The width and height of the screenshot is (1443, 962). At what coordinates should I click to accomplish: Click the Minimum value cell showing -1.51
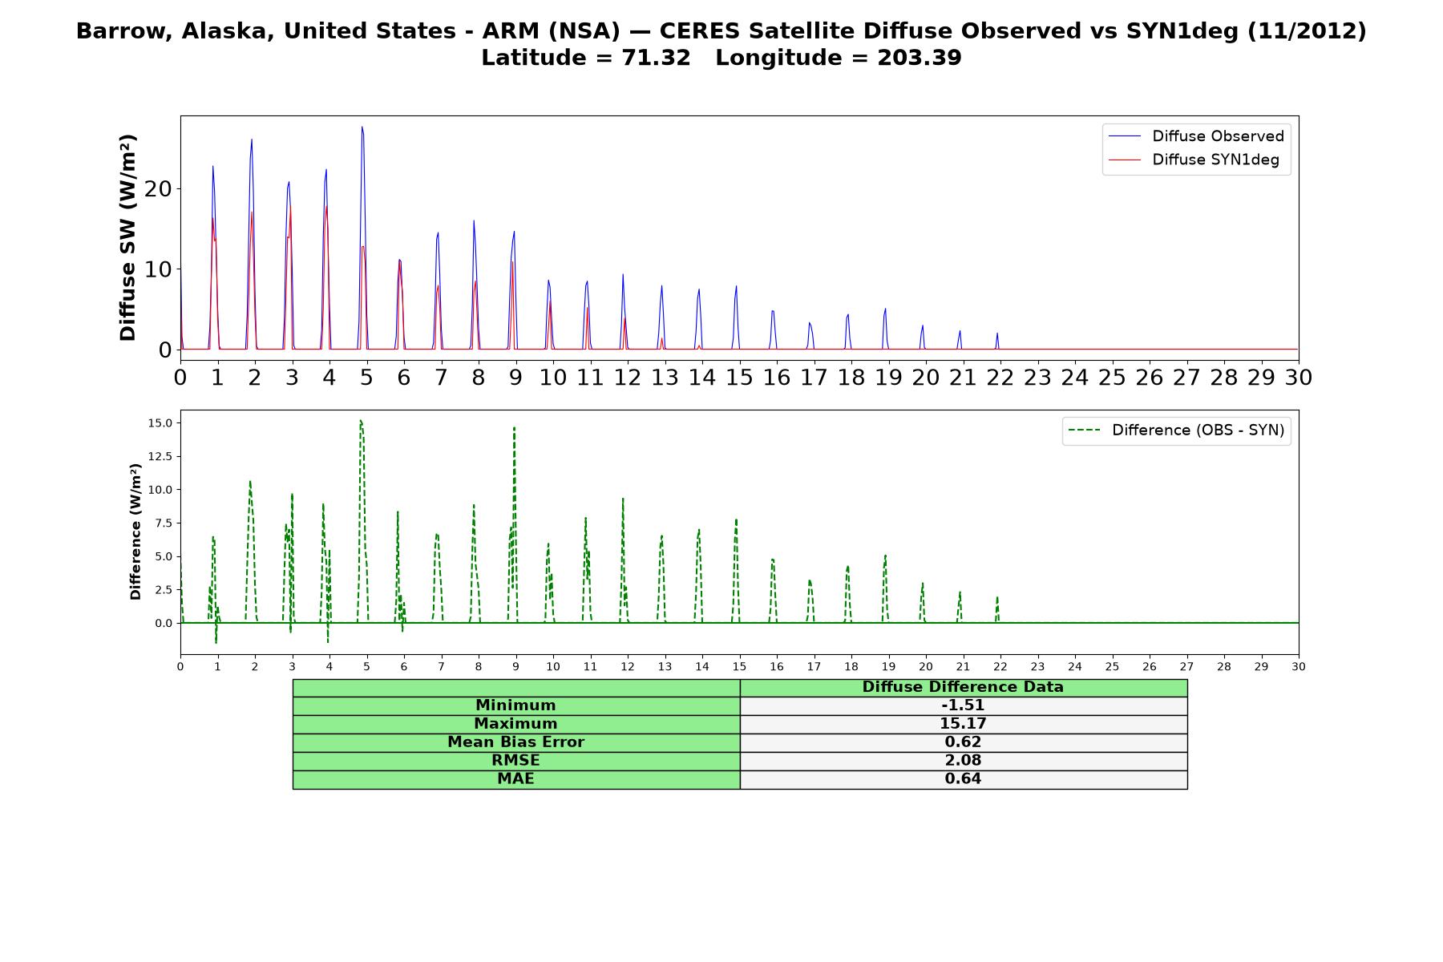[x=963, y=705]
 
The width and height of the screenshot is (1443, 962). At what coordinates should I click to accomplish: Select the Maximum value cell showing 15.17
[x=963, y=724]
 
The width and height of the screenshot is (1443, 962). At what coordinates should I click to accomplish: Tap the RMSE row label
[x=516, y=761]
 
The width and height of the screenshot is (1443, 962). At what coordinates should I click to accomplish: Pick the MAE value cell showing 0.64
[x=963, y=779]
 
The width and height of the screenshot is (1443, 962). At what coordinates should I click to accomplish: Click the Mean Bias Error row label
[x=516, y=742]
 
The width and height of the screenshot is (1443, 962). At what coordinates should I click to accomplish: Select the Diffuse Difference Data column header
[x=963, y=687]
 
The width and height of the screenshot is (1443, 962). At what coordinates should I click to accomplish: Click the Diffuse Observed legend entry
[x=1196, y=136]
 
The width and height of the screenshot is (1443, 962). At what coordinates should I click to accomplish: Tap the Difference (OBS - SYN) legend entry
[x=1176, y=430]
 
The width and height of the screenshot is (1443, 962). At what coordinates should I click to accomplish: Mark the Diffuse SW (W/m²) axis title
[x=128, y=237]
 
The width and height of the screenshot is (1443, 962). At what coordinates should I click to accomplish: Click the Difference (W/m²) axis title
[x=135, y=532]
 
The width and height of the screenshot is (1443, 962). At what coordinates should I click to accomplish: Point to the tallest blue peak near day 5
[x=362, y=127]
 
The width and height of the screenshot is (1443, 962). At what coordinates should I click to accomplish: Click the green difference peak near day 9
[x=514, y=427]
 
